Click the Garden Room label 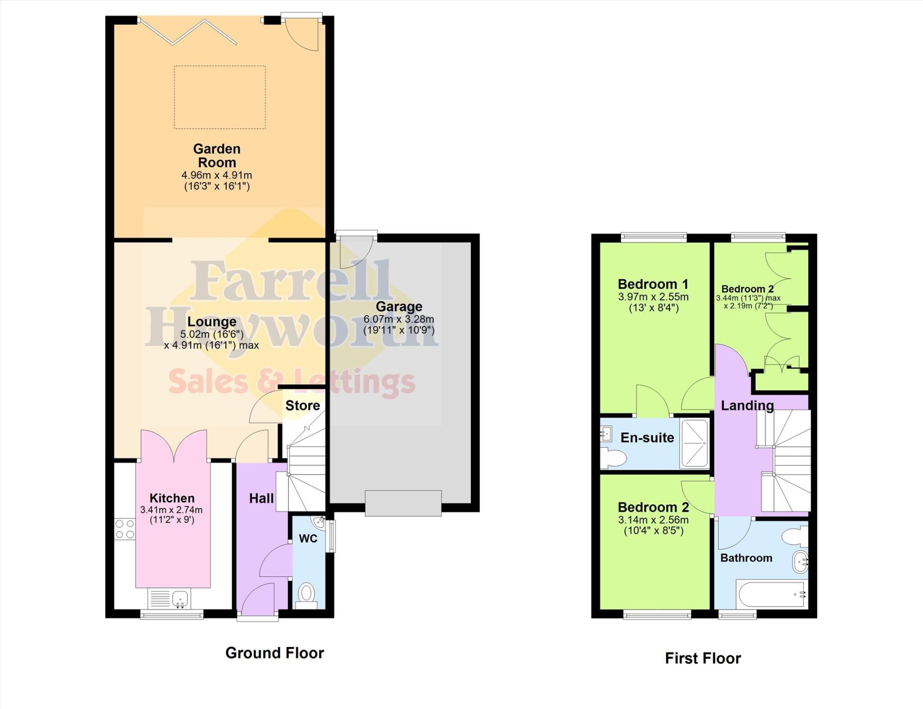[217, 156]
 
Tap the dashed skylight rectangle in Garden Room [220, 97]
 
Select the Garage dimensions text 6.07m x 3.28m [399, 319]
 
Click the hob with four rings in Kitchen [125, 529]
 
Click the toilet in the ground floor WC [307, 594]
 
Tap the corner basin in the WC [319, 522]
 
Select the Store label [302, 406]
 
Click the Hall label [261, 499]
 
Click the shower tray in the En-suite [695, 443]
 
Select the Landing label [747, 406]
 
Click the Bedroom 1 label [653, 284]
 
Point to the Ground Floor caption [274, 653]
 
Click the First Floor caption [703, 659]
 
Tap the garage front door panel [403, 503]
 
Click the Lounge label [212, 322]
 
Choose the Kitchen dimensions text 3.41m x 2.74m [171, 510]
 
